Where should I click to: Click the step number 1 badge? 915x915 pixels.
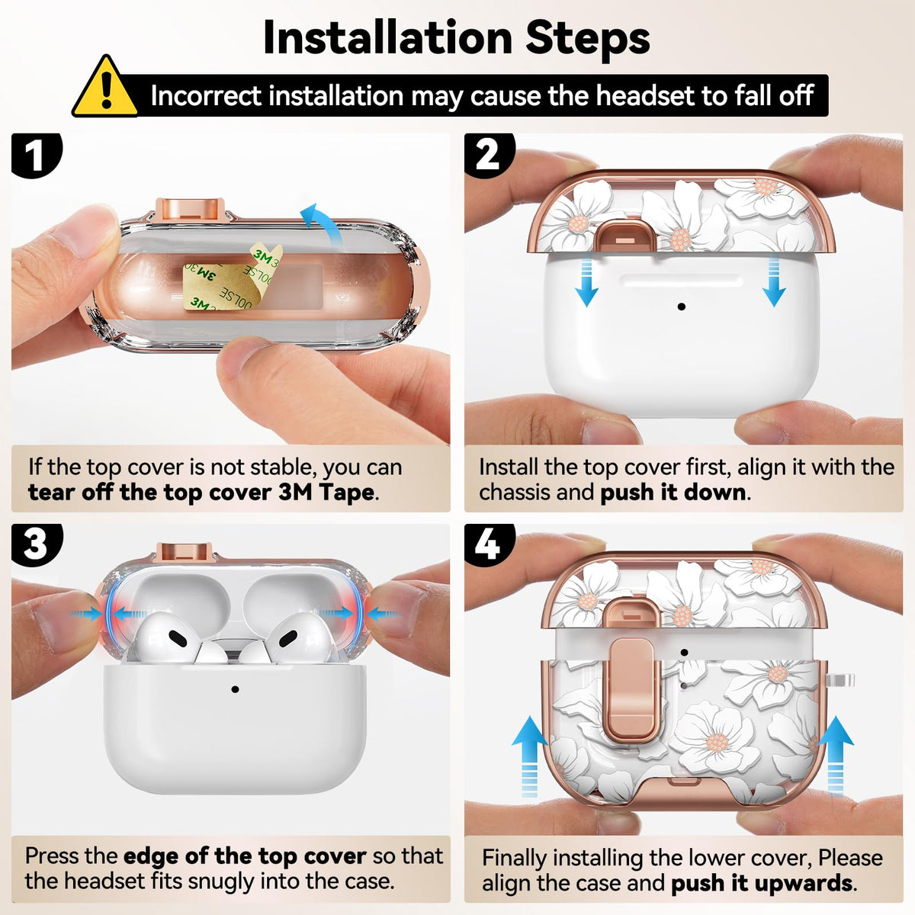pyautogui.click(x=36, y=156)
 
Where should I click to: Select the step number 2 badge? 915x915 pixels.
pyautogui.click(x=489, y=156)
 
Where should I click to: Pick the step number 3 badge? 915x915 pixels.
pyautogui.click(x=37, y=545)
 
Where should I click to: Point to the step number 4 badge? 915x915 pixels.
pyautogui.click(x=489, y=545)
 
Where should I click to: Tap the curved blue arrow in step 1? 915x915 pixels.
pyautogui.click(x=323, y=223)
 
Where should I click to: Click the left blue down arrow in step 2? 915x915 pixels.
pyautogui.click(x=586, y=280)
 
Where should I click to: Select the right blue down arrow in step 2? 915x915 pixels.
pyautogui.click(x=774, y=280)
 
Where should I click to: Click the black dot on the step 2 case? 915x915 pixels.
pyautogui.click(x=682, y=307)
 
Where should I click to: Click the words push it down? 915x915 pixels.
pyautogui.click(x=673, y=493)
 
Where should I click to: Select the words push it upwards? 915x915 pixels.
pyautogui.click(x=762, y=884)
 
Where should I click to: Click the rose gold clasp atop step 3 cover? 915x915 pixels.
pyautogui.click(x=185, y=552)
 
